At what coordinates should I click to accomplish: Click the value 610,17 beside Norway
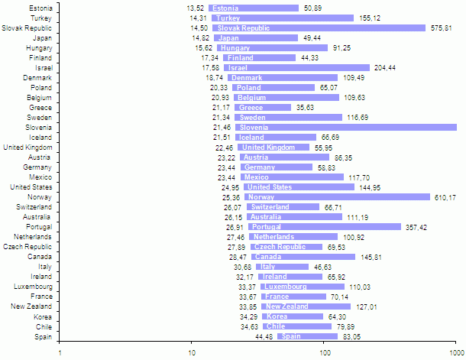tap(445, 197)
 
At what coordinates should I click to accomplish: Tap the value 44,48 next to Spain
tap(264, 336)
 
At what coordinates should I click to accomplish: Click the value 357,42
tap(416, 227)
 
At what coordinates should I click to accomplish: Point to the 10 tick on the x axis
tap(193, 352)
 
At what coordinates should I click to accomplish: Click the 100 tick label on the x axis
tap(325, 352)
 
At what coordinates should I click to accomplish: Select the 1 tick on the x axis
tap(60, 352)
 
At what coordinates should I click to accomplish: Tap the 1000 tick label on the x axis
tap(455, 352)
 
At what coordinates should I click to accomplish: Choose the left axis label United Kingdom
tap(28, 148)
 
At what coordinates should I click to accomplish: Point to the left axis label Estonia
tap(40, 8)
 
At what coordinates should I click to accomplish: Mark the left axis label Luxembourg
tap(34, 287)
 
